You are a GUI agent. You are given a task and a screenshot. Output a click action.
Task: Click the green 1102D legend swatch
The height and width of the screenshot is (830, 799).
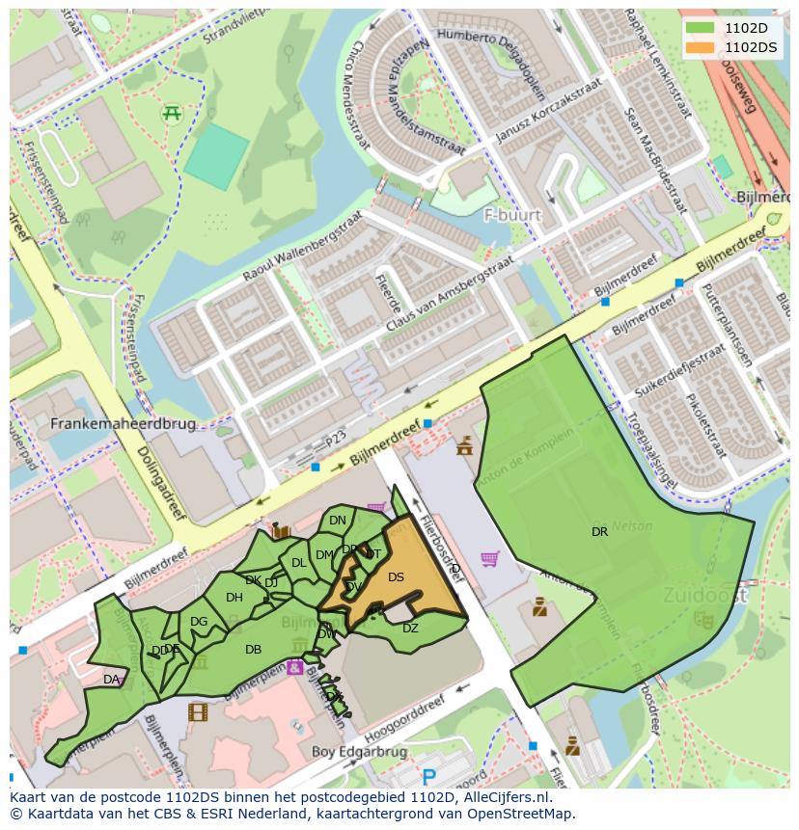(x=702, y=28)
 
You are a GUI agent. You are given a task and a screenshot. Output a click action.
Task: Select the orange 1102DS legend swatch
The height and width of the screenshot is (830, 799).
(x=702, y=46)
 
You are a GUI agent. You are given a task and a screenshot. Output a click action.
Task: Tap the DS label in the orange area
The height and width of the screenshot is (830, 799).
(x=396, y=577)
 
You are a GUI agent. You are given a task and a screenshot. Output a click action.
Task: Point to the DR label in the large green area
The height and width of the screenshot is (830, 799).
(x=599, y=531)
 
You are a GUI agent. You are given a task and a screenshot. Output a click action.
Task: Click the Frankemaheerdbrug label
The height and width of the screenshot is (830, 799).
(x=123, y=423)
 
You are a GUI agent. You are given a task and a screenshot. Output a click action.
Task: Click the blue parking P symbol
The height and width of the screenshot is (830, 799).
(x=428, y=776)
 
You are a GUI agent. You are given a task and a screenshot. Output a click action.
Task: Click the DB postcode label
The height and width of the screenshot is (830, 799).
(x=253, y=650)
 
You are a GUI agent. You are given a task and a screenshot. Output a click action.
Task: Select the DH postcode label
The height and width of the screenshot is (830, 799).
(x=234, y=598)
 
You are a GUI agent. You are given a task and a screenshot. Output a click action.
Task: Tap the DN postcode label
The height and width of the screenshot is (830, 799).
(x=337, y=521)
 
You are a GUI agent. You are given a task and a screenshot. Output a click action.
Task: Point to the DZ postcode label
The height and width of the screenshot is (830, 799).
(x=410, y=629)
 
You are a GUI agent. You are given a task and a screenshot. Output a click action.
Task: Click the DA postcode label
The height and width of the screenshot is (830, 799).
(x=111, y=680)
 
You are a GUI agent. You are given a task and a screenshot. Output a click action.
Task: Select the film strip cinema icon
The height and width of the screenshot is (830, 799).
(x=198, y=712)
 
